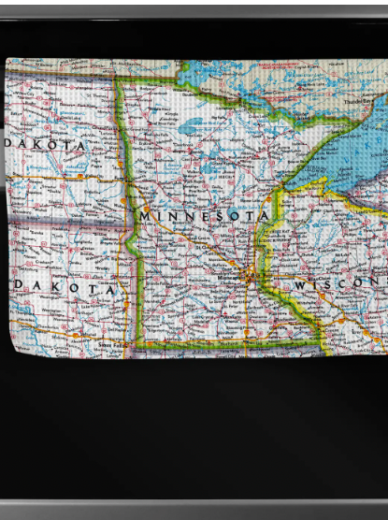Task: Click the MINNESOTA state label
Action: pyautogui.click(x=205, y=215)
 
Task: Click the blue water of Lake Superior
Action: pyautogui.click(x=346, y=150)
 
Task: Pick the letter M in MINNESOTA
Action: pyautogui.click(x=144, y=216)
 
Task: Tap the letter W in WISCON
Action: pyautogui.click(x=301, y=284)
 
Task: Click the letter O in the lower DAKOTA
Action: pyautogui.click(x=78, y=290)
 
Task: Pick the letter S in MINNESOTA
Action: pyautogui.click(x=222, y=215)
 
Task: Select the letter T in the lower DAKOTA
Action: pyautogui.click(x=95, y=290)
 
